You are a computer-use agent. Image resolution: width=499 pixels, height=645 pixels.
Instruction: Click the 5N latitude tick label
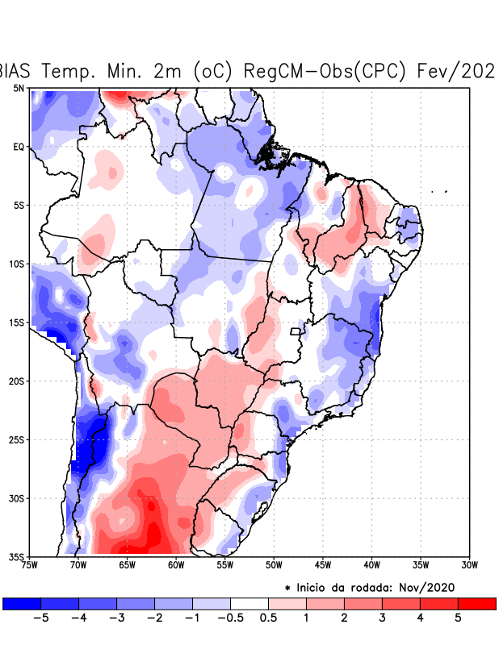pyautogui.click(x=19, y=88)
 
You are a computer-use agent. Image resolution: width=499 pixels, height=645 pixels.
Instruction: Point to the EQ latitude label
pyautogui.click(x=19, y=147)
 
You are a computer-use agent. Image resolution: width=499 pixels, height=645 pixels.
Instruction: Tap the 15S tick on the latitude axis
pyautogui.click(x=17, y=322)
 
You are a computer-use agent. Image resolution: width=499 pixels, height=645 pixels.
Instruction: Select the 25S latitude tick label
pyautogui.click(x=17, y=439)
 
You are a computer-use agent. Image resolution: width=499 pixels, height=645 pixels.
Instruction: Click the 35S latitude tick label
pyautogui.click(x=17, y=556)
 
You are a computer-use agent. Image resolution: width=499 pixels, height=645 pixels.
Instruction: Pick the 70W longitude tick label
pyautogui.click(x=78, y=564)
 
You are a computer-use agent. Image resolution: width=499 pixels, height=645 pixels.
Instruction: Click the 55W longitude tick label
pyautogui.click(x=225, y=564)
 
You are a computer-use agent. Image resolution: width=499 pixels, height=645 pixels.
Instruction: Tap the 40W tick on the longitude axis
pyautogui.click(x=371, y=564)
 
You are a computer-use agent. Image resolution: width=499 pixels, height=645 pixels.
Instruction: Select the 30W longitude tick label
pyautogui.click(x=469, y=564)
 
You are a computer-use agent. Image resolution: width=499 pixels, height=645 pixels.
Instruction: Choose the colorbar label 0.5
pyautogui.click(x=268, y=618)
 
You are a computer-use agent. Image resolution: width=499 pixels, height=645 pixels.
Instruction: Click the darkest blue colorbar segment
pyautogui.click(x=22, y=603)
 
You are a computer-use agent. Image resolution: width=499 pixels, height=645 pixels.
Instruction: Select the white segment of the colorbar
pyautogui.click(x=249, y=603)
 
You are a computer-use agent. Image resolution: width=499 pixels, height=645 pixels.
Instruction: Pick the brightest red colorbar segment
pyautogui.click(x=476, y=603)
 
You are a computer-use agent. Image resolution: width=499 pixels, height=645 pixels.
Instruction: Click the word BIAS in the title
pyautogui.click(x=16, y=71)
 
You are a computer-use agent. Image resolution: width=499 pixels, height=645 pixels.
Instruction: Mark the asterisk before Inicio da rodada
pyautogui.click(x=287, y=589)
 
